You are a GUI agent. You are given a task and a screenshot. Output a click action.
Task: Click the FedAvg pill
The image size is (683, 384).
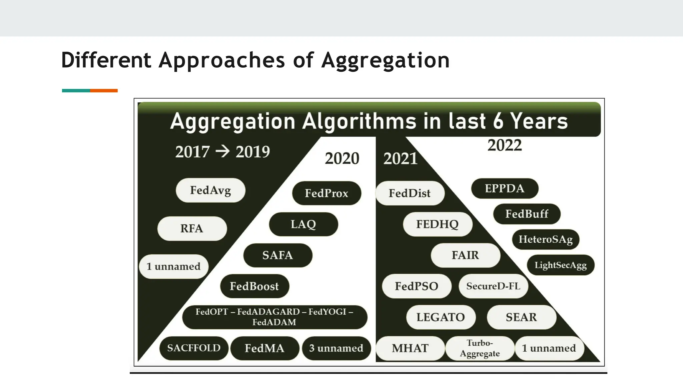click(x=210, y=190)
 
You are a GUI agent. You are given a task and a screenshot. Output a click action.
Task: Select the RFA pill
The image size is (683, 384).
click(x=192, y=228)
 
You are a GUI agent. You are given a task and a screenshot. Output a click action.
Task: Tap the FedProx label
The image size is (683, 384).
click(x=326, y=193)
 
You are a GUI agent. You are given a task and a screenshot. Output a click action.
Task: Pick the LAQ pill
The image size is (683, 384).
click(x=303, y=224)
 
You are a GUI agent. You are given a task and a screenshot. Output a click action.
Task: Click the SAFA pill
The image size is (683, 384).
click(x=277, y=255)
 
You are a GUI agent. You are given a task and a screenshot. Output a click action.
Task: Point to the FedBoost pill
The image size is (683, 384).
click(x=254, y=286)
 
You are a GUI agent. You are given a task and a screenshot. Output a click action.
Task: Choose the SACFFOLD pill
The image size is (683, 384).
click(x=194, y=348)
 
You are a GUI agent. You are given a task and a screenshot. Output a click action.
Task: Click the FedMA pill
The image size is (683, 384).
click(x=264, y=348)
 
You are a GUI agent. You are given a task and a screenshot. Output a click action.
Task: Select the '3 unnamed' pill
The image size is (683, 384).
click(x=336, y=348)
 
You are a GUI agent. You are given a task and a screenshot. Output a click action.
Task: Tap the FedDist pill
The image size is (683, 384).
click(x=410, y=193)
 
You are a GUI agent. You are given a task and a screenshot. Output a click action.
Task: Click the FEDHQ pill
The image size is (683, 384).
click(x=437, y=224)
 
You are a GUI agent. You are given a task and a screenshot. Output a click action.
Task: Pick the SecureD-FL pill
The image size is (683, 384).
click(x=493, y=286)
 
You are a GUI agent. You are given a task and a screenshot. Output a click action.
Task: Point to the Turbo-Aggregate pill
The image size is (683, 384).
click(x=480, y=348)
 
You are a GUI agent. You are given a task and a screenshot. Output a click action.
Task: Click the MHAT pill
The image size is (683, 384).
click(x=410, y=348)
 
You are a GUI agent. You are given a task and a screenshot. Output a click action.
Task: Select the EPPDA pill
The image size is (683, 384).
click(x=505, y=188)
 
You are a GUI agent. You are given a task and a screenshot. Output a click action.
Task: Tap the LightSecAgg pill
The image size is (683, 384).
click(x=561, y=265)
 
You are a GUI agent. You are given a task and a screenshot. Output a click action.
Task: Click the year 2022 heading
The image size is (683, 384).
click(x=505, y=145)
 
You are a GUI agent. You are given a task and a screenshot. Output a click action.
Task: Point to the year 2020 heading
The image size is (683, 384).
click(x=342, y=158)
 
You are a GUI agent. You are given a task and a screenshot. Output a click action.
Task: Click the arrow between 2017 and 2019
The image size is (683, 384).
click(x=222, y=152)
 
